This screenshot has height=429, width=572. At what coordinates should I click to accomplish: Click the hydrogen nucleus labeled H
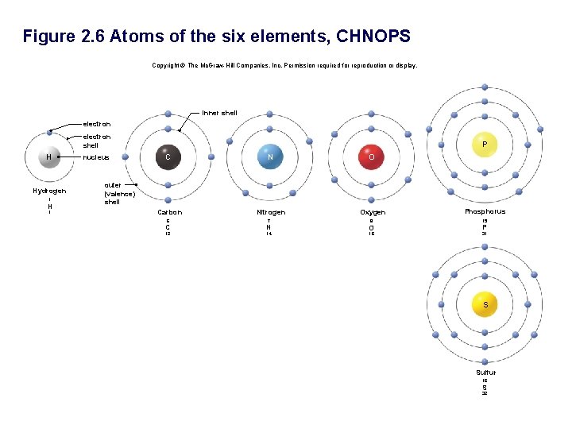coord(49,157)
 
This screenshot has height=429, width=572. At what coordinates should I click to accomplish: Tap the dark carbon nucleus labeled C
coord(168,157)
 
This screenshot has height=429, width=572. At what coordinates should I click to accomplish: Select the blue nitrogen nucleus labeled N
coord(270,157)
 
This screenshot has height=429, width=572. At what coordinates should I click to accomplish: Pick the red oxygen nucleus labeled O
coord(372,157)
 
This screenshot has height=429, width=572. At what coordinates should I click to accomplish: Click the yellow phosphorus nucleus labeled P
coord(484,143)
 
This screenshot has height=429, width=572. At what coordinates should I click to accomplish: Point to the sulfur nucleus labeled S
coord(485,305)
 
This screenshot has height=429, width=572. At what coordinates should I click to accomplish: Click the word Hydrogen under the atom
coord(49,191)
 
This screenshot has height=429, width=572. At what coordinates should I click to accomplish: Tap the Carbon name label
coord(169,212)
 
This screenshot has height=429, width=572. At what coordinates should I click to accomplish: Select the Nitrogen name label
coord(271,212)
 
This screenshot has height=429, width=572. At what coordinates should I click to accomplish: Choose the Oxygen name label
coord(373,212)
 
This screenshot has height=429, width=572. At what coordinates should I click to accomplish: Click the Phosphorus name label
coord(485,211)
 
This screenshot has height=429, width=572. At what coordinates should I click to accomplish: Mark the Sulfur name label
coord(485,372)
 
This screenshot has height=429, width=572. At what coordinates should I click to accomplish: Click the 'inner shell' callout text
coord(219,113)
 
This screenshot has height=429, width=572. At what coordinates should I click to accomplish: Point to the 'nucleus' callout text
coord(97,157)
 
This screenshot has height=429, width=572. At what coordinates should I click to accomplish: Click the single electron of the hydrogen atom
coord(49,132)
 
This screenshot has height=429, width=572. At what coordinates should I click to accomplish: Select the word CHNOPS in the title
coord(373,37)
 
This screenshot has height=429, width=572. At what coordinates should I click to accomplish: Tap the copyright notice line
coord(284,65)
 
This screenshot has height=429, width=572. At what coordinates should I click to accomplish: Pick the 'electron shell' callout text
coord(97,141)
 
